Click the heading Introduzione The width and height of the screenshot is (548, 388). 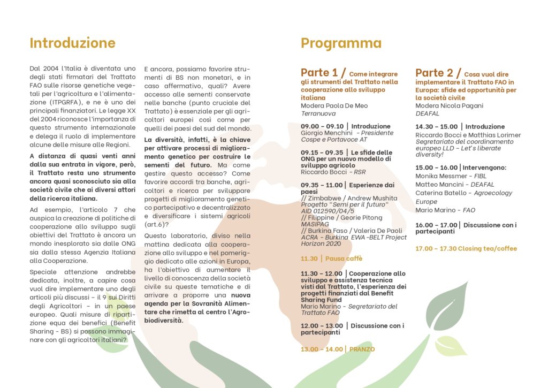click(72, 43)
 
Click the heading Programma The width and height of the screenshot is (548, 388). click(341, 43)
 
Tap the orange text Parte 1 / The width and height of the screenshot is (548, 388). click(323, 73)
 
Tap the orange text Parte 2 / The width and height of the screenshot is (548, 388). click(438, 73)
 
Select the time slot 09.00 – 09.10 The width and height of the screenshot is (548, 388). click(323, 126)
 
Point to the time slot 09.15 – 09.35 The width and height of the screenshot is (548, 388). click(323, 153)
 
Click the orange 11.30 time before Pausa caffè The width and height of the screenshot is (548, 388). click(309, 258)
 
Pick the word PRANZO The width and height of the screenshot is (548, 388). click(362, 349)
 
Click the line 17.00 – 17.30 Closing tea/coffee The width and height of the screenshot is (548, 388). click(466, 248)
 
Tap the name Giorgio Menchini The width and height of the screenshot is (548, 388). click(326, 133)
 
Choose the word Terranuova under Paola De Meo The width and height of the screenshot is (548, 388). click(318, 113)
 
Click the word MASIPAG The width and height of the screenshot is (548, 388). click(315, 224)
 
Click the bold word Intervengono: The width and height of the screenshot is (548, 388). click(484, 168)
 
